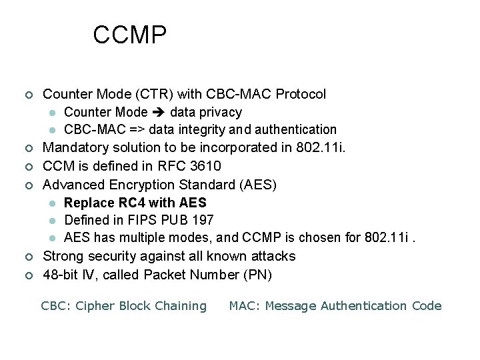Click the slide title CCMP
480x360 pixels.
click(x=129, y=35)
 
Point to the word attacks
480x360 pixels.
click(x=273, y=256)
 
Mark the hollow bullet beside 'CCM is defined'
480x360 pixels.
click(x=27, y=166)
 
